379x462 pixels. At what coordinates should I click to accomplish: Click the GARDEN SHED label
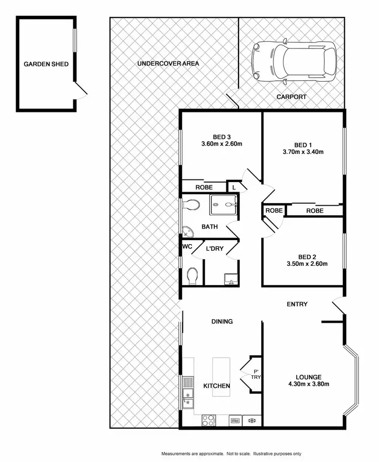[x=45, y=64]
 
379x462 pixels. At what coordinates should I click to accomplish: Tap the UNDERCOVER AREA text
[x=168, y=64]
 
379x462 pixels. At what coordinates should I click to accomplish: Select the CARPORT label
[x=291, y=97]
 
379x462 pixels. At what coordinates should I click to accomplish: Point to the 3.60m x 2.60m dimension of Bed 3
[x=222, y=144]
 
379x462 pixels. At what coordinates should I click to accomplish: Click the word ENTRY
[x=297, y=304]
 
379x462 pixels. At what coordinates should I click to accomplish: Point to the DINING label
[x=222, y=321]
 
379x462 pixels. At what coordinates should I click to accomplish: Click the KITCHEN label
[x=217, y=386]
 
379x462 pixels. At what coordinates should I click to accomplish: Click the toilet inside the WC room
[x=192, y=275]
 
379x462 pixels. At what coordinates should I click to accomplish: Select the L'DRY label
[x=214, y=249]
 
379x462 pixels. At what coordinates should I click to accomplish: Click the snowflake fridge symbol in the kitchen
[x=251, y=420]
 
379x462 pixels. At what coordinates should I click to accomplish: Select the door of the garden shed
[x=81, y=91]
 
